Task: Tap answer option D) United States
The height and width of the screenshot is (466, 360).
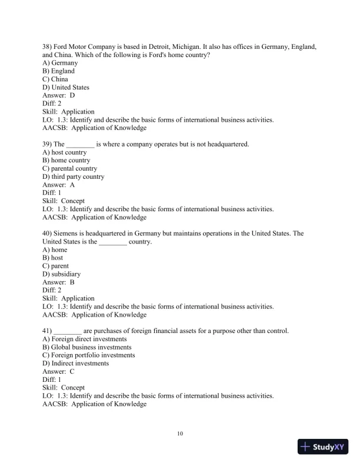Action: click(x=66, y=87)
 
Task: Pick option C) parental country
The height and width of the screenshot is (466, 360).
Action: click(x=70, y=168)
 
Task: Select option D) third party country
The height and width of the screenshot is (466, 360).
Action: click(x=74, y=177)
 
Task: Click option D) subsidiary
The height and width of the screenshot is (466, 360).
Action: click(x=62, y=274)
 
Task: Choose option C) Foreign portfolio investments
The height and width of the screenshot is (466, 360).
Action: click(x=89, y=355)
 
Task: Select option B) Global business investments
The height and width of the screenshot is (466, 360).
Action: click(x=87, y=347)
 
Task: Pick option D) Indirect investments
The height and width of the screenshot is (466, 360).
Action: click(x=76, y=364)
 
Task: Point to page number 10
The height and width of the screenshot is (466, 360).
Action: click(x=180, y=434)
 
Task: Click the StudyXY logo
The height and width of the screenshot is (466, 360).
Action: click(x=323, y=447)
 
